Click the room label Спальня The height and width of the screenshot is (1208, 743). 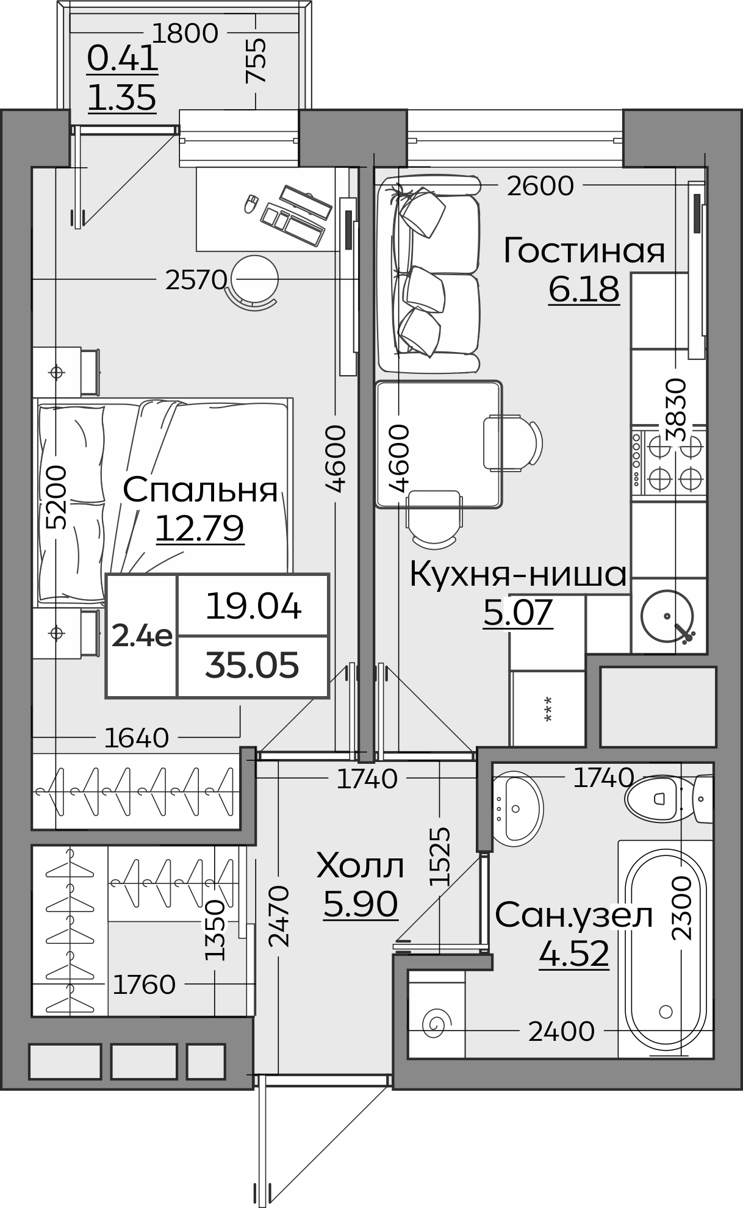coord(200,490)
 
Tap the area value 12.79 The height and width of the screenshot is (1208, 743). coord(200,528)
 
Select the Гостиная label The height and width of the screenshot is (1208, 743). coord(584,251)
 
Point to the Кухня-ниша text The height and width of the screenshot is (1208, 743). coord(518,574)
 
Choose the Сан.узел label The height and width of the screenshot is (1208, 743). coord(574,915)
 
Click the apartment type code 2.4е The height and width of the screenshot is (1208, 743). coord(142,637)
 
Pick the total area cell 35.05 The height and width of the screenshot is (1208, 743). coord(252,665)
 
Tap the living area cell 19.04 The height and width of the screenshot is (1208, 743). coord(253,606)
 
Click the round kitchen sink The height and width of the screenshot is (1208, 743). coord(667,617)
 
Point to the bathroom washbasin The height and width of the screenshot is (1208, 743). coord(516,808)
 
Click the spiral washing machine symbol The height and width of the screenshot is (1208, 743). coord(437,1023)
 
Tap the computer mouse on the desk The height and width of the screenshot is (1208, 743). coord(250,203)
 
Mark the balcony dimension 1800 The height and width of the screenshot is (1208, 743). coord(185,34)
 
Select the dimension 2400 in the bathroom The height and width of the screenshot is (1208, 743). coord(561,1032)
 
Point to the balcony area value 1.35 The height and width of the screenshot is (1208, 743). coord(122,98)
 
